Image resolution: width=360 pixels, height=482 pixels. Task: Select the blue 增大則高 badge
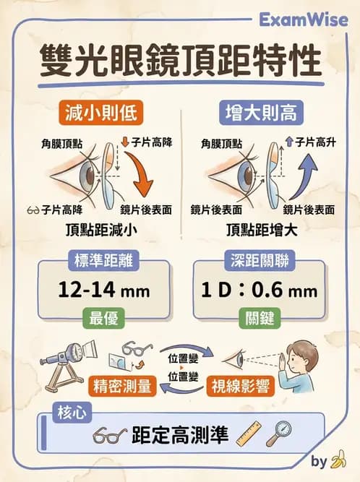pos(260,113)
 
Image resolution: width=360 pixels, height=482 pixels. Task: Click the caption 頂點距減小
pos(99,231)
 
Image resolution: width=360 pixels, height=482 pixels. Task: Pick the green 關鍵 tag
pos(257,318)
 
